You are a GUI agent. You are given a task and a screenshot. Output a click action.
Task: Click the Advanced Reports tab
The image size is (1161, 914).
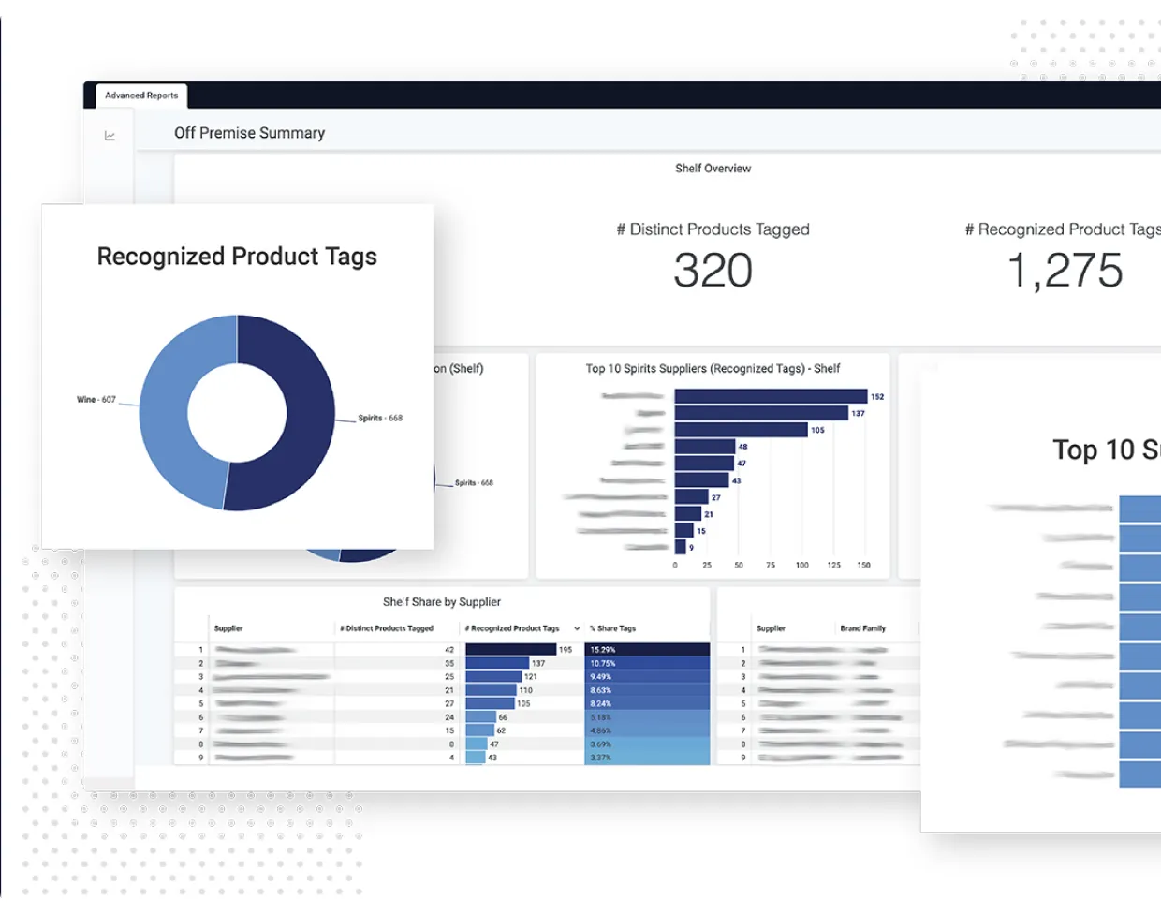(141, 96)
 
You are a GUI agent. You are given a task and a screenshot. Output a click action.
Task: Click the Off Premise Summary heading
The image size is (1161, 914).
(249, 133)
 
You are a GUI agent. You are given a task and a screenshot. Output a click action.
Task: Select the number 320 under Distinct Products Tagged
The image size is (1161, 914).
(713, 271)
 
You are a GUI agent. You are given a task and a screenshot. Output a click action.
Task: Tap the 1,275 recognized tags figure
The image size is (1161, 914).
(1065, 271)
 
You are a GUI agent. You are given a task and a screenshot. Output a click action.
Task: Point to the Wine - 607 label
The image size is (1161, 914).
(96, 400)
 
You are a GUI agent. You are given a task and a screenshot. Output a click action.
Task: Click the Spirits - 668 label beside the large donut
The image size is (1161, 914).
(380, 419)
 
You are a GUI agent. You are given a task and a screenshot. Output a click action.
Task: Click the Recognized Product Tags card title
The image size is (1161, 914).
(237, 257)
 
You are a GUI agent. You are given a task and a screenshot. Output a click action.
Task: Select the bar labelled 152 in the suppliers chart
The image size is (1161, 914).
(771, 397)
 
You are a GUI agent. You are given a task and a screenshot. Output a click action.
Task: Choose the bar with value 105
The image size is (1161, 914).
(741, 430)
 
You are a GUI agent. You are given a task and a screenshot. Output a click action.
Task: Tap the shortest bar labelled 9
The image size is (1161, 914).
(681, 547)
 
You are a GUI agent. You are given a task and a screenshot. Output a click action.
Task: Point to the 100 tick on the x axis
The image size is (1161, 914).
(802, 566)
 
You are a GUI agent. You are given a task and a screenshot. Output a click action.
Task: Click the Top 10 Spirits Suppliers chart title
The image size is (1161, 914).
(713, 369)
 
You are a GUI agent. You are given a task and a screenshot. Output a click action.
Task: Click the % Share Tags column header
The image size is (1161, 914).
(613, 628)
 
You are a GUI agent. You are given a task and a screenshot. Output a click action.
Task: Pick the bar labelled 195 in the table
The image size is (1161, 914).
(510, 650)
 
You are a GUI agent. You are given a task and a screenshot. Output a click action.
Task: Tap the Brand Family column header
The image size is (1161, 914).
(862, 628)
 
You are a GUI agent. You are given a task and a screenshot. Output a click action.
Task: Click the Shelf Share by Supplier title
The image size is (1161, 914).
(442, 602)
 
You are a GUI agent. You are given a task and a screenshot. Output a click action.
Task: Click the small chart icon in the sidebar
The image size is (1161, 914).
(110, 136)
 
